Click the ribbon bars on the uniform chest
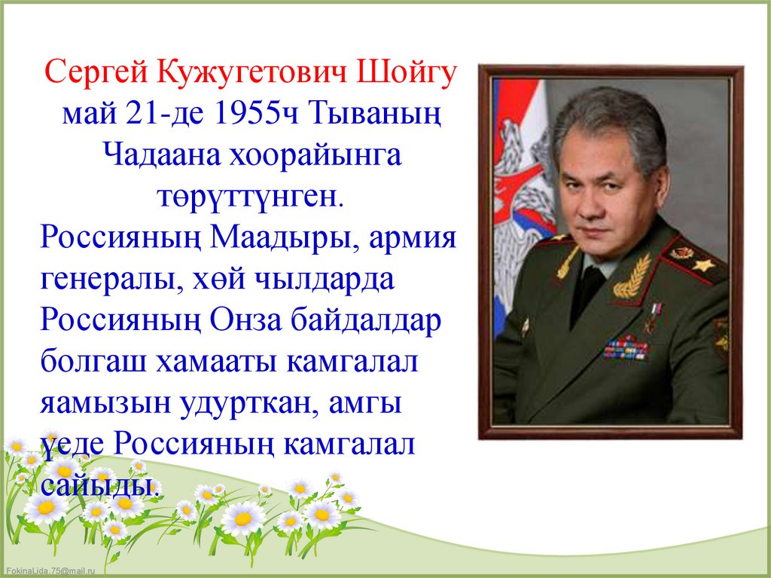625,348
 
